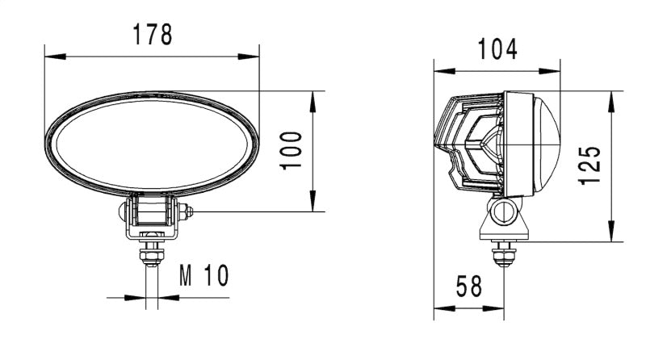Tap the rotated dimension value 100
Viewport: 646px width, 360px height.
(292, 149)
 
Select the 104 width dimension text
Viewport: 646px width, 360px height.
(497, 49)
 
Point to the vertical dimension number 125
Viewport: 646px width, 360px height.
(591, 165)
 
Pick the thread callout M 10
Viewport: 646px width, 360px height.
(204, 276)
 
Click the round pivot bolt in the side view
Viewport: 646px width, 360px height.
(505, 212)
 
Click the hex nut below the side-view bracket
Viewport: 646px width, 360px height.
(505, 257)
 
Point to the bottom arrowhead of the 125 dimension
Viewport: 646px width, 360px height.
(613, 235)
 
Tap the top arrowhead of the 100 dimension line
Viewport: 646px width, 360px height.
(313, 97)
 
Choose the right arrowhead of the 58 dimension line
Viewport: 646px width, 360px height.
(500, 308)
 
